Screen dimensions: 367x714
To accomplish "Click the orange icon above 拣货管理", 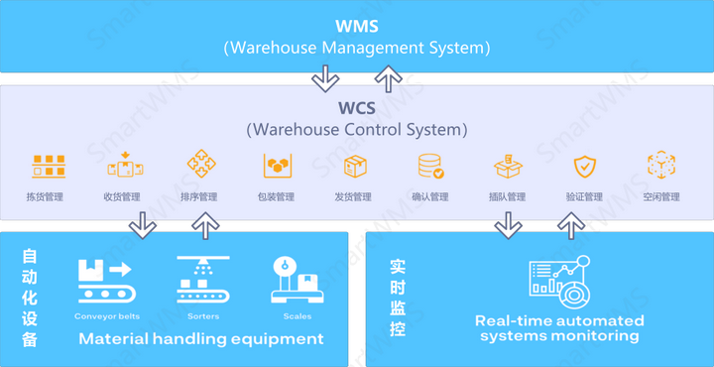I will [x=46, y=166].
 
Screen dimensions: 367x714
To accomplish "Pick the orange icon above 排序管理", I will [x=201, y=165].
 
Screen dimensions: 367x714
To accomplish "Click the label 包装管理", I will [x=277, y=196].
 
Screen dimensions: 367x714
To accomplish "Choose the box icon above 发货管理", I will [x=355, y=166].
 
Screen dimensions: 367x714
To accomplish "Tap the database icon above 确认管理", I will [x=430, y=166].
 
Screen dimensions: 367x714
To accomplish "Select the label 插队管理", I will [x=508, y=196].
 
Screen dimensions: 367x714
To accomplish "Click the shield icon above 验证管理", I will [x=584, y=166].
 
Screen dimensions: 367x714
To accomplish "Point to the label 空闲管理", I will [x=661, y=196].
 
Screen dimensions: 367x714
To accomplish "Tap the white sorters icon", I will [x=203, y=281].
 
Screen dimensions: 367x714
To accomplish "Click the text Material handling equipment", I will [x=201, y=339].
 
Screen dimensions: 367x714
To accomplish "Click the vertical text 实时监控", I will [x=398, y=298].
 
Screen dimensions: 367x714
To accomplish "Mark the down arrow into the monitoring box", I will [x=509, y=226].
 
